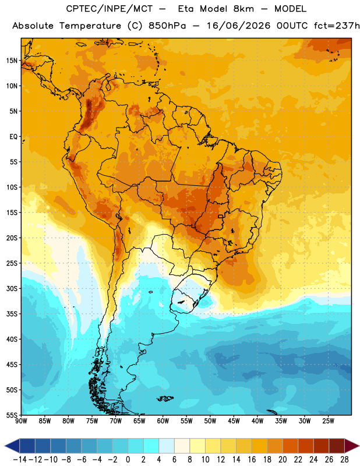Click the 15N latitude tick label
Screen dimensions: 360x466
(x=12, y=61)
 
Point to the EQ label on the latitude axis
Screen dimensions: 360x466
(x=13, y=137)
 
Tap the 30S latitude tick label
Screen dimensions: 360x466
(x=12, y=288)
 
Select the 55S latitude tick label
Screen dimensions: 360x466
(x=12, y=415)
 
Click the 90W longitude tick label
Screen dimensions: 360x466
(x=21, y=421)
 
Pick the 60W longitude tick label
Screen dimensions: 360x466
(x=163, y=421)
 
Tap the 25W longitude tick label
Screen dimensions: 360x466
(x=328, y=421)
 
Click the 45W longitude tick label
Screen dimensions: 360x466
(x=234, y=421)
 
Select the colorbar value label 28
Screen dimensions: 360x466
(x=344, y=460)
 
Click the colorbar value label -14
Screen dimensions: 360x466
(x=20, y=460)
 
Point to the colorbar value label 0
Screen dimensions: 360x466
(x=128, y=460)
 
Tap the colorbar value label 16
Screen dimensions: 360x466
(x=252, y=460)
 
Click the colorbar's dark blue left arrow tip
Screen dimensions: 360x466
(x=5, y=446)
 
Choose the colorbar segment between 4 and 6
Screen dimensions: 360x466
(x=167, y=446)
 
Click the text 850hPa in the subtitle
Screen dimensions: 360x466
(x=167, y=26)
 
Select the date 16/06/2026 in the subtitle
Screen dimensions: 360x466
(x=239, y=26)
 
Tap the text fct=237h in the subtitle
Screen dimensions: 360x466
(x=337, y=26)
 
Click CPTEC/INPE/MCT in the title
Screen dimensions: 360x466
(x=110, y=9)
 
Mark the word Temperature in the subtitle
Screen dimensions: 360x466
(x=90, y=26)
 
